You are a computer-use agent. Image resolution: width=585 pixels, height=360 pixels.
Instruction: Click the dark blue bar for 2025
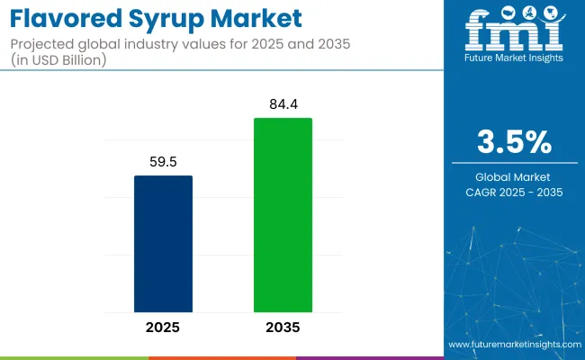[163, 243]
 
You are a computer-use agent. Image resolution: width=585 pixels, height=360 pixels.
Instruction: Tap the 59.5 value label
[163, 163]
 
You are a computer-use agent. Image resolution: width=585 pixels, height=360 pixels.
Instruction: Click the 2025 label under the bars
[163, 327]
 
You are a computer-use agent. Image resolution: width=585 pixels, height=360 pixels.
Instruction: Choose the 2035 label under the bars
[283, 327]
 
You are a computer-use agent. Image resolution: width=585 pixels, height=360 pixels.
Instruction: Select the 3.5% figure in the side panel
[515, 143]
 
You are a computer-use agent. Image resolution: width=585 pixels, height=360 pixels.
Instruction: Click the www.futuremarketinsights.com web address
[514, 345]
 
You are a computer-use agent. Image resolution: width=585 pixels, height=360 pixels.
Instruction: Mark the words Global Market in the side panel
[515, 176]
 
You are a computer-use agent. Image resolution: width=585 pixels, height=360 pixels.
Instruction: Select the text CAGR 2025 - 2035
[515, 192]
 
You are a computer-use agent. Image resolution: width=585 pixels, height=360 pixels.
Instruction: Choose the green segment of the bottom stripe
[221, 357]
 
